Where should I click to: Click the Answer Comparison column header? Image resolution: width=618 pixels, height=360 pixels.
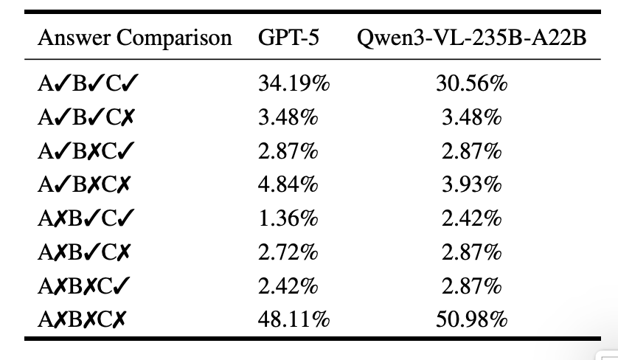pos(134,38)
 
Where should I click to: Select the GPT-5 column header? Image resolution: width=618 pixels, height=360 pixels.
pos(289,38)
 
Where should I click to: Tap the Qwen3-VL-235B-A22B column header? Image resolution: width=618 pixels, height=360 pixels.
pos(471,38)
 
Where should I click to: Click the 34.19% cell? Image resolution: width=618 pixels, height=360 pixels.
pos(294,83)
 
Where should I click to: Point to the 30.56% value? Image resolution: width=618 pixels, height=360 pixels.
pos(472,83)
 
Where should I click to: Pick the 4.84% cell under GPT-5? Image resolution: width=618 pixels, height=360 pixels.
pos(288,185)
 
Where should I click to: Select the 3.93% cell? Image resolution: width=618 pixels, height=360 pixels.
pos(472,185)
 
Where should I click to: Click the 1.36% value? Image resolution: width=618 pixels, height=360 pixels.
pos(288,218)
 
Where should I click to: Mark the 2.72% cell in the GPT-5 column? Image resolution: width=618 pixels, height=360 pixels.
pos(288,252)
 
